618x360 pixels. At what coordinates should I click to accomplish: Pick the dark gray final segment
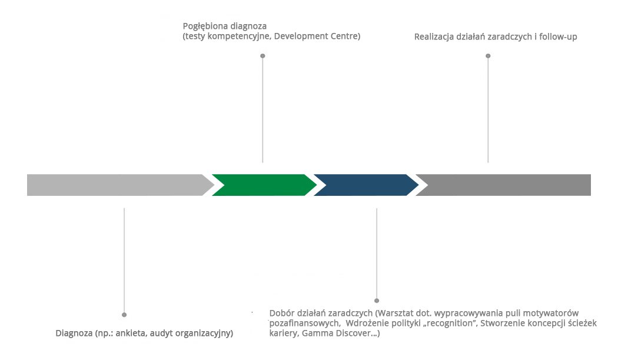click(506, 185)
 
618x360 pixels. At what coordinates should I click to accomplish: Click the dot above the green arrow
click(263, 56)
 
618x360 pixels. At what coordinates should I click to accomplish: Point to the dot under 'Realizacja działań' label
click(488, 56)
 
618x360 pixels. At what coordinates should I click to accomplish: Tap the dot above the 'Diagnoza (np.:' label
click(124, 315)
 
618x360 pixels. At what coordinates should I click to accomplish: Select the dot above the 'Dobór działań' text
click(377, 301)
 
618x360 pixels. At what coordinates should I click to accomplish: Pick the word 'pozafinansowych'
click(303, 324)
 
